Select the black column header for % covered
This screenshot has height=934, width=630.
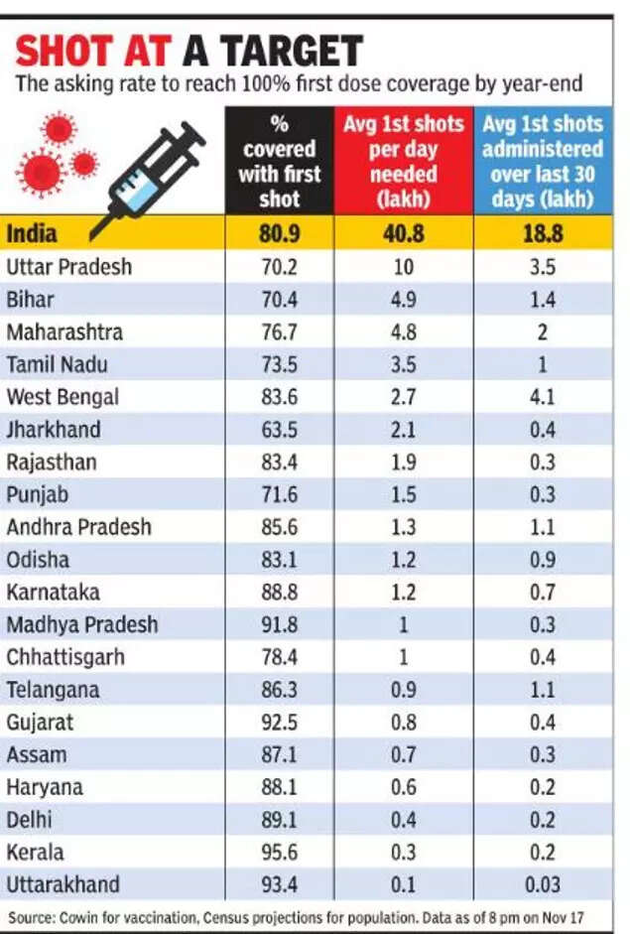tap(279, 162)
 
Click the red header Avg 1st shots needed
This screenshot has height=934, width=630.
tap(404, 162)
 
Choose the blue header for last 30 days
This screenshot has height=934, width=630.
tap(542, 162)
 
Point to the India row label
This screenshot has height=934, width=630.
tap(32, 234)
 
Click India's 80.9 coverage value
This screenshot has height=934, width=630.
tap(279, 235)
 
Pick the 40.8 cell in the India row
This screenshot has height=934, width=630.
tap(404, 235)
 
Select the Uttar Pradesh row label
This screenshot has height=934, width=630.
tap(68, 267)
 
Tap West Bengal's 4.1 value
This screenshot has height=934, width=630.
tap(542, 397)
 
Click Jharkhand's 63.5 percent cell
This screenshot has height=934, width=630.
tap(279, 430)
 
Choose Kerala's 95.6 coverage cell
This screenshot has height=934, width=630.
tap(279, 852)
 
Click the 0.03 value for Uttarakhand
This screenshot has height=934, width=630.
tap(542, 884)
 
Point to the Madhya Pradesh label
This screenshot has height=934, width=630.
tap(81, 624)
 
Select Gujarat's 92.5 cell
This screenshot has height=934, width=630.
tap(279, 722)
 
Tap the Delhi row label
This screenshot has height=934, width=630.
tap(29, 820)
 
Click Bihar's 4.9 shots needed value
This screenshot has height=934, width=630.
tap(404, 300)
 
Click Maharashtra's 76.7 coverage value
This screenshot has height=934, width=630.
tap(279, 333)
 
